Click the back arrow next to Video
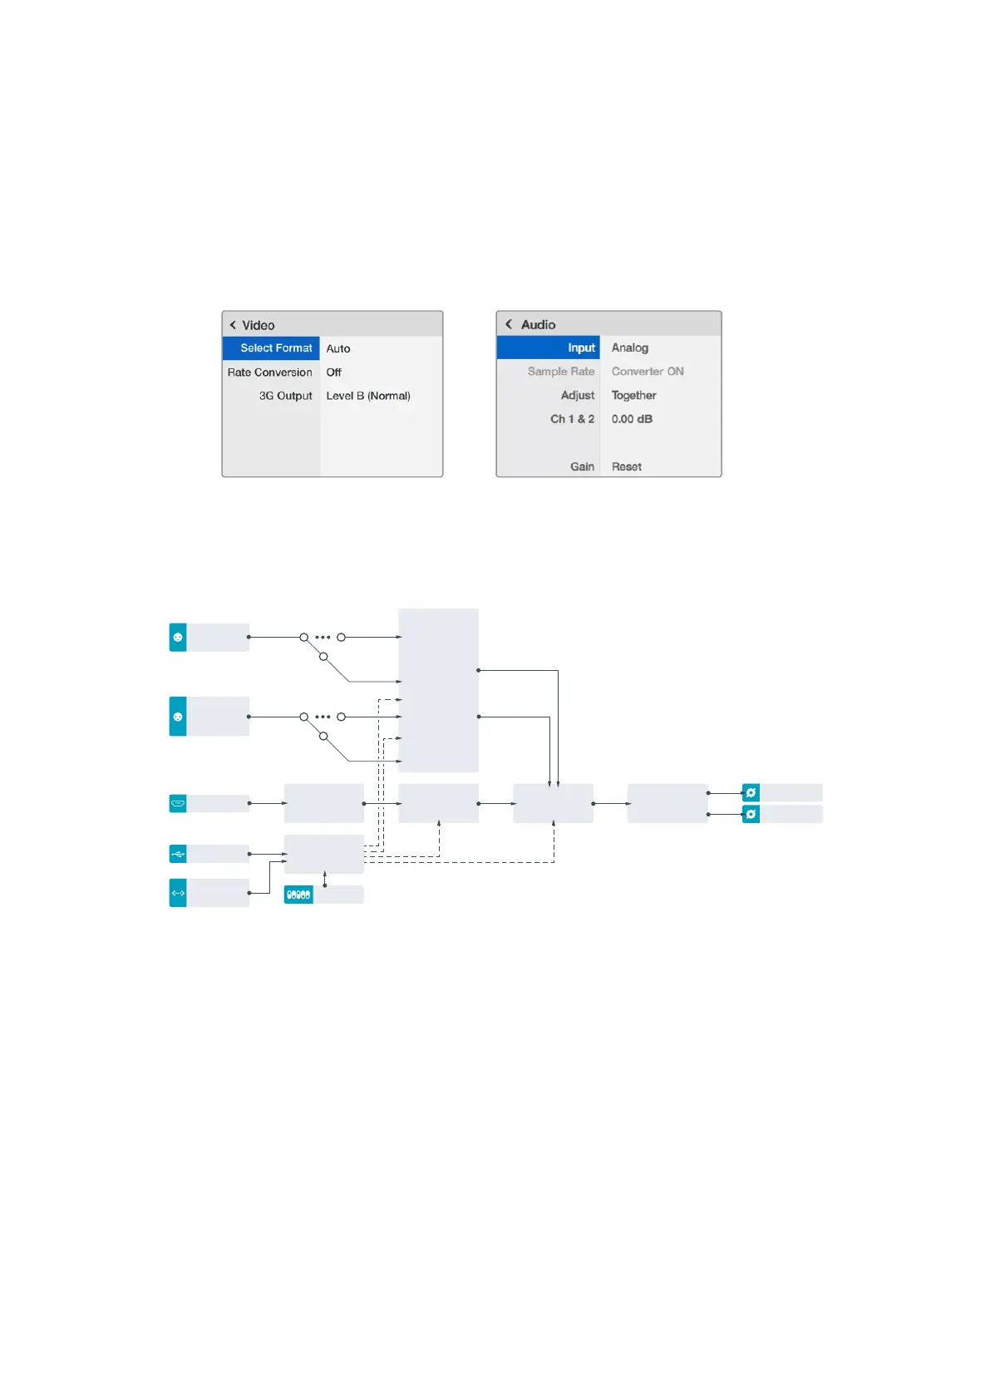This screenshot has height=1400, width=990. pyautogui.click(x=233, y=325)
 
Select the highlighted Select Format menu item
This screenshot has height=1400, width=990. pyautogui.click(x=276, y=348)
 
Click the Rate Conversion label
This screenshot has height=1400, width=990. pyautogui.click(x=269, y=372)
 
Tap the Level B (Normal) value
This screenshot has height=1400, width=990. pyautogui.click(x=367, y=396)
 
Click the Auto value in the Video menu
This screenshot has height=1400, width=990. pyautogui.click(x=337, y=348)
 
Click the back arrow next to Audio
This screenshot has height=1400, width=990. pyautogui.click(x=509, y=324)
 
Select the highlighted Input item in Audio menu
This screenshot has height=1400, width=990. pyautogui.click(x=581, y=348)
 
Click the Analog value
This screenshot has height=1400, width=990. pyautogui.click(x=629, y=348)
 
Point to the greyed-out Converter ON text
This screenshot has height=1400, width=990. pyautogui.click(x=648, y=372)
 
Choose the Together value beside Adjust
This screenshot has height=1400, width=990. pyautogui.click(x=633, y=396)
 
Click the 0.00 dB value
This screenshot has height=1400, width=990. pyautogui.click(x=632, y=419)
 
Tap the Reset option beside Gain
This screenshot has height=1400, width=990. pyautogui.click(x=626, y=466)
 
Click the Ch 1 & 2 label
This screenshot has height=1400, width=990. pyautogui.click(x=572, y=419)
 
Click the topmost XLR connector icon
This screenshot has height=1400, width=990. pyautogui.click(x=178, y=638)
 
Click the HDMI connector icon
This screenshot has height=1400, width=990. pyautogui.click(x=178, y=803)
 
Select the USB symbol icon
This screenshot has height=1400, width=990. pyautogui.click(x=178, y=854)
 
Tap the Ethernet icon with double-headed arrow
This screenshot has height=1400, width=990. pyautogui.click(x=178, y=893)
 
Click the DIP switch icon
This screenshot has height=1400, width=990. pyautogui.click(x=298, y=895)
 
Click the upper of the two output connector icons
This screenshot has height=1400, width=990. pyautogui.click(x=751, y=792)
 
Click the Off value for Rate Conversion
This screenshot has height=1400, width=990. pyautogui.click(x=333, y=372)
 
